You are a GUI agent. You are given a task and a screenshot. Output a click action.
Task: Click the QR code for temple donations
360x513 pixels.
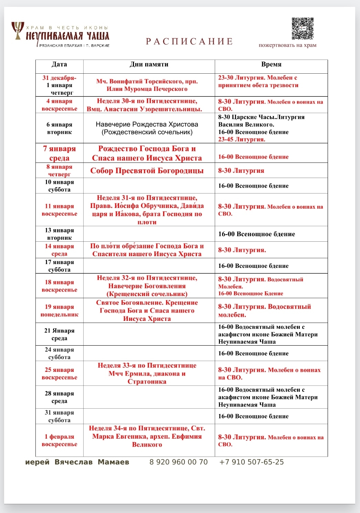pos(303,29)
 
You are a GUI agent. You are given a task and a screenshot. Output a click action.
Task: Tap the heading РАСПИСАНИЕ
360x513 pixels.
pos(190,42)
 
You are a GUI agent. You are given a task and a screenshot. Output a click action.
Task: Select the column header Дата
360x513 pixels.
pos(59,64)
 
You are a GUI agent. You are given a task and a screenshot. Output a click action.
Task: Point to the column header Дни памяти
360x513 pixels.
pos(149,64)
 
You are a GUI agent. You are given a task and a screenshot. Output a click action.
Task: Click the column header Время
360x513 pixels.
pos(271,64)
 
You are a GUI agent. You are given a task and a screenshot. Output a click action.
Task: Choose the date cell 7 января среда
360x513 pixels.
pos(59,153)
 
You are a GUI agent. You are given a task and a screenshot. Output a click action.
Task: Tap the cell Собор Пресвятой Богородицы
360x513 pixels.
pos(147,171)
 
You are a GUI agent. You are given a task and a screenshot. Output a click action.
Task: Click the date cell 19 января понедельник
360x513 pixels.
pos(59,311)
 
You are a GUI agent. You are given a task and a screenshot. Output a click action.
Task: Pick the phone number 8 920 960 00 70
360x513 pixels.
pos(179,462)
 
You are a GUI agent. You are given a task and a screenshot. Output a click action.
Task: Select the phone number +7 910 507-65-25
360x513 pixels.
pos(252,462)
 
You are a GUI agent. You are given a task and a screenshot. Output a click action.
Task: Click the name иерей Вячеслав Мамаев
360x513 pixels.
pos(77,462)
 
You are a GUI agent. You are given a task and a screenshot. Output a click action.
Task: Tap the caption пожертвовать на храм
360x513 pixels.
pos(287,45)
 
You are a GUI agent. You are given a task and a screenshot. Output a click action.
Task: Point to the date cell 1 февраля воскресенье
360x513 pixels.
pos(59,440)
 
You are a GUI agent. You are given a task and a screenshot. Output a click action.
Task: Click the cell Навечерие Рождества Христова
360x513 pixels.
pos(147,128)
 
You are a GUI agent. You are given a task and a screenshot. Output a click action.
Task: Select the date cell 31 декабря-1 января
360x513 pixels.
pos(59,85)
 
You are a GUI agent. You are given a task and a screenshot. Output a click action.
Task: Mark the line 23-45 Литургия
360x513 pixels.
pos(242,139)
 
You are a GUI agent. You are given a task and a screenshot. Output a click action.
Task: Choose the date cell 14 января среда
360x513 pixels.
pos(59,250)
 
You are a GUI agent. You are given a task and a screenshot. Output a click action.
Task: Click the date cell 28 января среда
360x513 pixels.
pos(59,397)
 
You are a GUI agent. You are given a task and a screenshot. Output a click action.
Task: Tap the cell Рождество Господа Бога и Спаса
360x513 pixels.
pos(147,153)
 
